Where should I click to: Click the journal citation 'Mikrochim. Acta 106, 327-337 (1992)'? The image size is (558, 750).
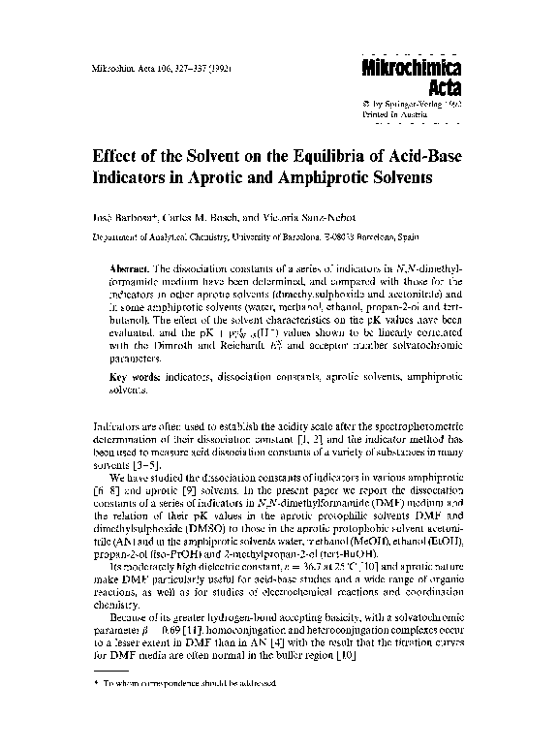point(147,71)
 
